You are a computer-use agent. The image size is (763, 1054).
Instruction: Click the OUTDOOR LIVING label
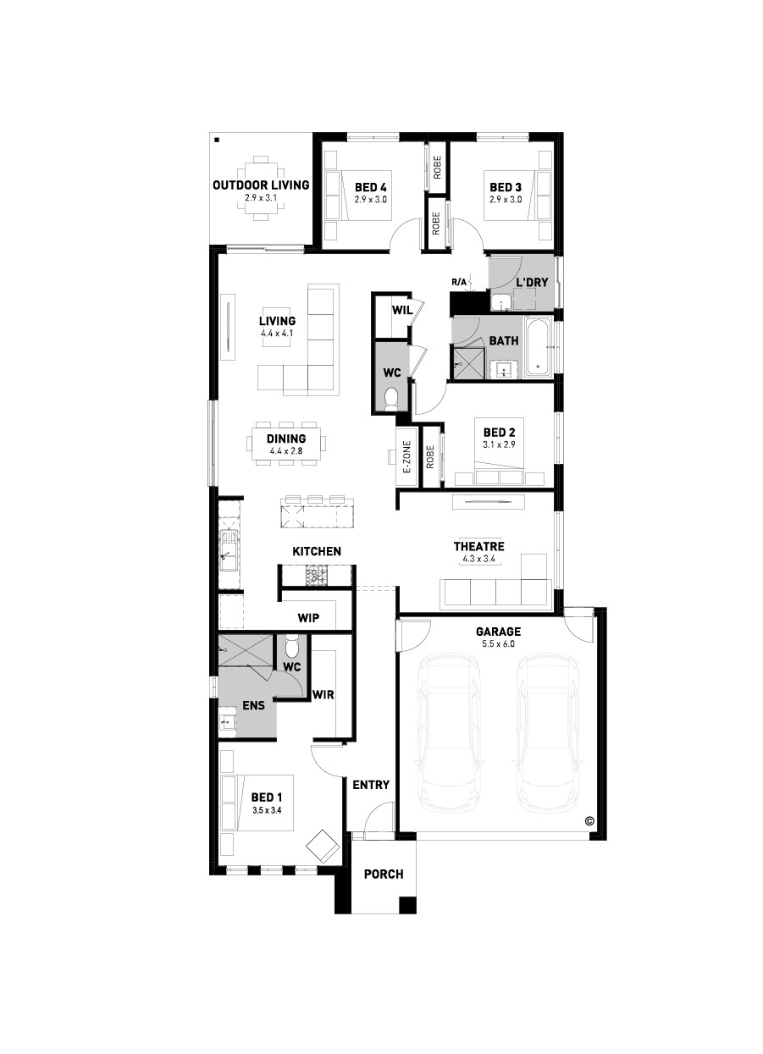coord(261,185)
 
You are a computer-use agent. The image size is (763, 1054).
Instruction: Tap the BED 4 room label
coord(370,188)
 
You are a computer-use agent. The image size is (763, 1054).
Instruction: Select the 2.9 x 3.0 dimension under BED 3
coord(506,200)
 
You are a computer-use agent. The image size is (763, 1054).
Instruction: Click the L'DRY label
coord(533,282)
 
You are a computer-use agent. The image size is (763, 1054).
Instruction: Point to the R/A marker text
coord(459,282)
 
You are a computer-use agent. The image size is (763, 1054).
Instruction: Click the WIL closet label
coord(402,310)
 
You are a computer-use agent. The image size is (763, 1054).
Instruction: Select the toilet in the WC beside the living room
coord(391,401)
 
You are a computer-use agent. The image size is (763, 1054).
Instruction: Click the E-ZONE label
coord(407,456)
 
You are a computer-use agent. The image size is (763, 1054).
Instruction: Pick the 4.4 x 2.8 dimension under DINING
coord(285,450)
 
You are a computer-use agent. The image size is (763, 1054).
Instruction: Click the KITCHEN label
coord(317,551)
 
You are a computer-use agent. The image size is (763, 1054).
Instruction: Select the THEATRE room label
coord(478,546)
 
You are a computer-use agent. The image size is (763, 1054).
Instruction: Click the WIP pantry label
coord(308,618)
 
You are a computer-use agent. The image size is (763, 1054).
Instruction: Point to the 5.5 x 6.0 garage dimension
coord(498,643)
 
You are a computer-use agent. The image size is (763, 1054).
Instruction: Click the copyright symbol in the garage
coord(589,821)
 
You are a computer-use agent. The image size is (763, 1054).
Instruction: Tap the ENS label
coord(254,705)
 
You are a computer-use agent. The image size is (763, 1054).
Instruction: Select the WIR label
coord(323,694)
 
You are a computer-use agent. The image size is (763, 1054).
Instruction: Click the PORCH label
coord(384,875)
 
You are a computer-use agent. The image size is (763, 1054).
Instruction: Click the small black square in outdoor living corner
coord(217,140)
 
